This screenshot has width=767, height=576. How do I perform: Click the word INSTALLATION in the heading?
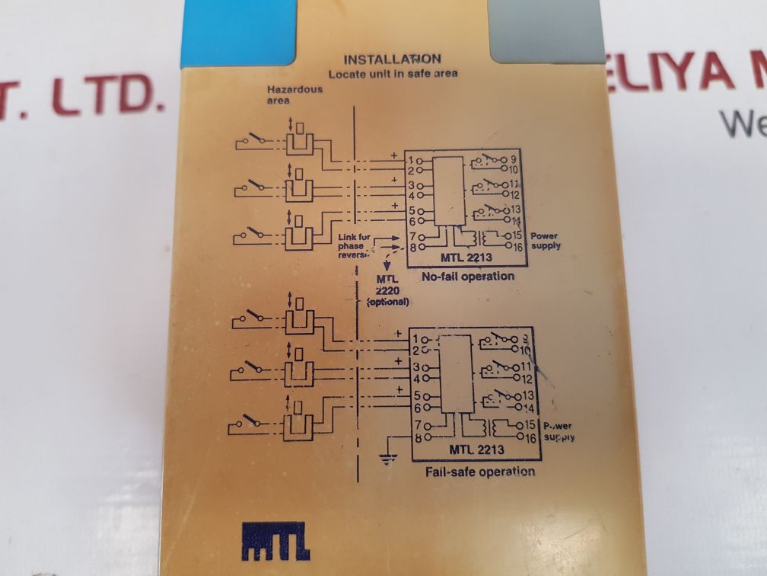click(x=392, y=59)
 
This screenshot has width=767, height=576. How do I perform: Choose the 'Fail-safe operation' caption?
click(x=479, y=471)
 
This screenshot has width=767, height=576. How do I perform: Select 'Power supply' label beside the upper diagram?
click(x=546, y=241)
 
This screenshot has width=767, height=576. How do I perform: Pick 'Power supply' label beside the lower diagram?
click(x=558, y=431)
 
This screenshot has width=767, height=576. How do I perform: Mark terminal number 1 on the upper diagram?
click(x=410, y=161)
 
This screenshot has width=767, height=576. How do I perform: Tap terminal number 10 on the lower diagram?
click(x=527, y=350)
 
